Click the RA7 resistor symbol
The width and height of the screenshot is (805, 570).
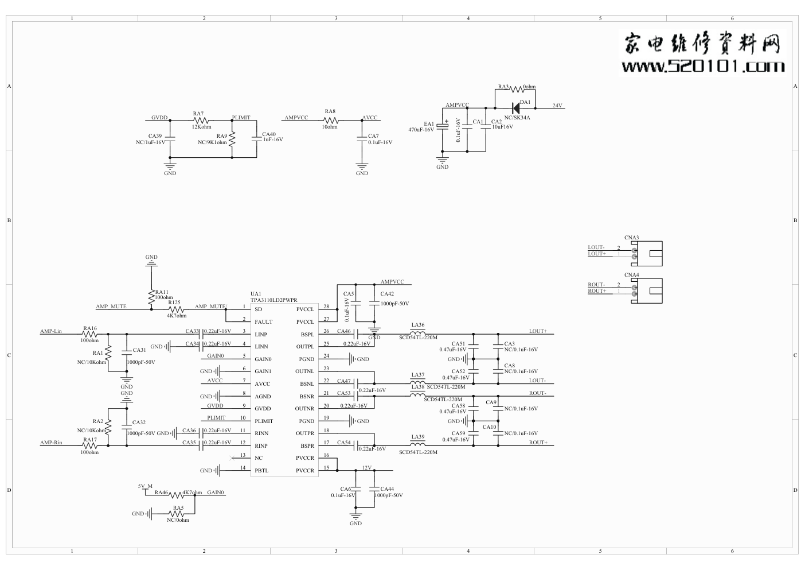click(199, 121)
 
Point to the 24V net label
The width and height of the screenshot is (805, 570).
click(557, 106)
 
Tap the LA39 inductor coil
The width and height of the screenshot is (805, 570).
click(418, 444)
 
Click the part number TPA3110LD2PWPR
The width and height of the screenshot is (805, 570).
click(274, 300)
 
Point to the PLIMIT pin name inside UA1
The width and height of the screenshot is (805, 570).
click(264, 421)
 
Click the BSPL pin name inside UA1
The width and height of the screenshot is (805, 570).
click(307, 335)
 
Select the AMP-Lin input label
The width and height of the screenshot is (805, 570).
click(50, 331)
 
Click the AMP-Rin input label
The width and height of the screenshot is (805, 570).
click(51, 443)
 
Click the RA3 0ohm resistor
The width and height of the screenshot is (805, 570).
click(517, 89)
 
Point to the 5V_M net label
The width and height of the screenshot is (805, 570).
click(146, 486)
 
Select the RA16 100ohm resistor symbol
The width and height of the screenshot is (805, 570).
click(89, 334)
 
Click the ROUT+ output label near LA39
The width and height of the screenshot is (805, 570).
click(538, 443)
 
